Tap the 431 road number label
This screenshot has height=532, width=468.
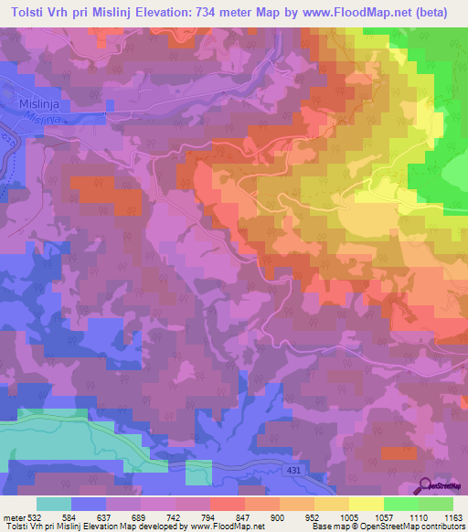[x=293, y=469]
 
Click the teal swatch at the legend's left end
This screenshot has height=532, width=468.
[x=54, y=504]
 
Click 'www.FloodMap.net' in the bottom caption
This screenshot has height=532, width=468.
[x=234, y=527]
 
